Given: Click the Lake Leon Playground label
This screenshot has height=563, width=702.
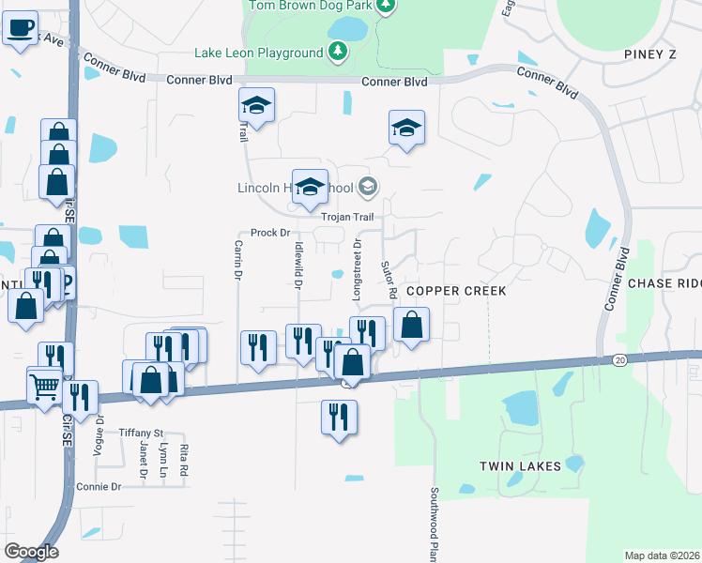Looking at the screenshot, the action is tap(258, 53).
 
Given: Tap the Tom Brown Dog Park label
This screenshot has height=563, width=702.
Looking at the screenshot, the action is tap(310, 6).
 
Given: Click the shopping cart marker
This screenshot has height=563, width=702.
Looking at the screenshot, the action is tap(44, 385).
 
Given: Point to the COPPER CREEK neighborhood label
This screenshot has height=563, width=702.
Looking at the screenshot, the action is tap(456, 291).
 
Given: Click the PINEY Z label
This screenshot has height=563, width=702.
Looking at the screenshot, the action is tap(649, 55).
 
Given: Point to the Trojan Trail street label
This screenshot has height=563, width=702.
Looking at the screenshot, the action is tap(347, 217).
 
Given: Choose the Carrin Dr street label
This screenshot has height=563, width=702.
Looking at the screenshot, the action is tap(237, 260).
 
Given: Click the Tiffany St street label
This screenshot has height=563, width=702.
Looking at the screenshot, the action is tap(141, 433).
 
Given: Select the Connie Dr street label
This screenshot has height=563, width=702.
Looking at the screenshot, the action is tap(99, 487).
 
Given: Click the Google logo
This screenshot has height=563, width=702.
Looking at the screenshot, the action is tap(30, 552).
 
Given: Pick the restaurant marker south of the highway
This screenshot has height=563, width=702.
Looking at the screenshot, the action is tap(339, 416).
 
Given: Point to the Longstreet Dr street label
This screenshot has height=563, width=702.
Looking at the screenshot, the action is tap(357, 269).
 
